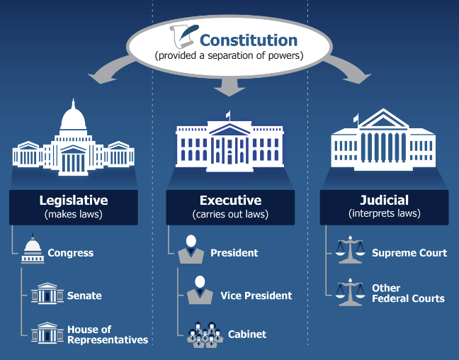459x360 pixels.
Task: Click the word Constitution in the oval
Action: point(248,40)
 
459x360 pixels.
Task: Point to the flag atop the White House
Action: point(228,113)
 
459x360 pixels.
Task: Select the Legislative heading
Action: point(73,201)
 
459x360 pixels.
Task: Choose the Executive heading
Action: point(230,201)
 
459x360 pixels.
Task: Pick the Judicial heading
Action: point(384,201)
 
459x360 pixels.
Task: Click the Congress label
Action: point(71,253)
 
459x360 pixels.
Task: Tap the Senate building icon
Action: point(47,294)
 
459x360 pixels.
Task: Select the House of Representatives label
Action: point(108,334)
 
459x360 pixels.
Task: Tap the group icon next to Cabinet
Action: point(205,333)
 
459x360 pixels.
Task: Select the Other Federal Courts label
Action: point(408,293)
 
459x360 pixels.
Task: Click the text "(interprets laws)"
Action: point(384,213)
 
